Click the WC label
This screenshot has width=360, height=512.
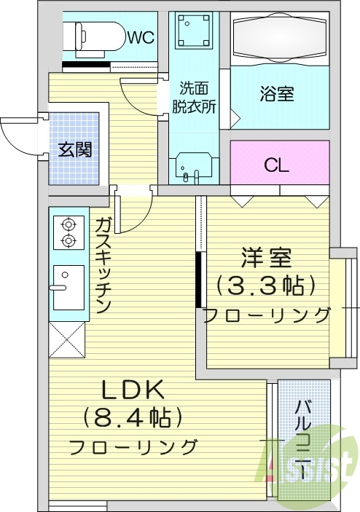point(141,38)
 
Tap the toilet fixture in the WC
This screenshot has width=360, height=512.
point(95,35)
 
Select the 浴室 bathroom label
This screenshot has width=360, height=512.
point(277,94)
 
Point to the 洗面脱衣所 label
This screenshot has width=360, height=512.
point(194,97)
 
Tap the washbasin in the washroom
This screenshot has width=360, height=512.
point(194,168)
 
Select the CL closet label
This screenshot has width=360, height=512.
point(277,165)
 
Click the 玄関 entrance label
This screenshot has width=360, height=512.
point(74,151)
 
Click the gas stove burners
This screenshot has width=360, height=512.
point(68,232)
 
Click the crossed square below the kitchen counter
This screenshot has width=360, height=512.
point(67,342)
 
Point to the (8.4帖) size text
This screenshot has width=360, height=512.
point(133,417)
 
